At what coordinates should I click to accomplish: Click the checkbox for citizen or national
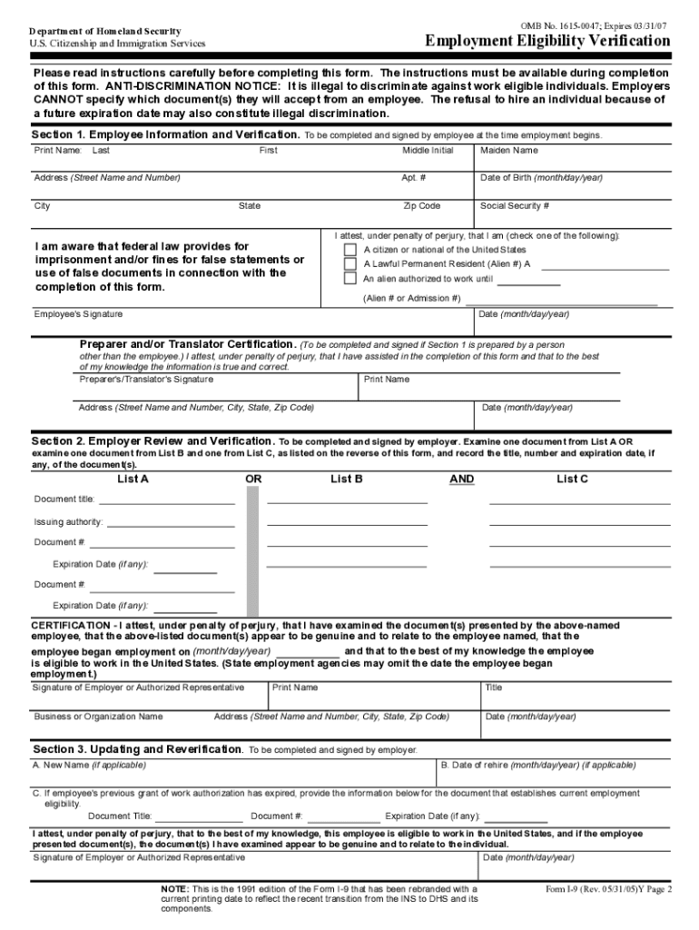349,250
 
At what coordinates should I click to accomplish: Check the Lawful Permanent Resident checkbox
349,264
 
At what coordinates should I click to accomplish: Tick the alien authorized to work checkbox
349,279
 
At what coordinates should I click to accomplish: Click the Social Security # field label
515,206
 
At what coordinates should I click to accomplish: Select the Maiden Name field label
508,150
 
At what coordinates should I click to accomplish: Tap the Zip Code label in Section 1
422,206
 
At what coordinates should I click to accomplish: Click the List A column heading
133,479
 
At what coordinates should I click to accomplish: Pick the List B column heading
347,479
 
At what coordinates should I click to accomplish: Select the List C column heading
572,479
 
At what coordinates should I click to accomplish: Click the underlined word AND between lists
462,479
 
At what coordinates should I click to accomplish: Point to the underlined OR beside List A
254,479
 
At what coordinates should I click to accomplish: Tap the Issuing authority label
68,522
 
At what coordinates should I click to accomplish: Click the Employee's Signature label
78,314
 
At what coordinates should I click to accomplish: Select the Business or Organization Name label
98,717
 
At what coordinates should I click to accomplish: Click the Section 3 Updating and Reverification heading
138,749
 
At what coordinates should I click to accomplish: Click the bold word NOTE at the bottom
174,889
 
